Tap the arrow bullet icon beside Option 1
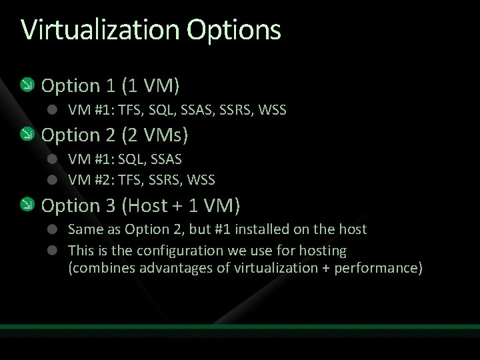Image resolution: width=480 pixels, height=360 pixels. click(27, 85)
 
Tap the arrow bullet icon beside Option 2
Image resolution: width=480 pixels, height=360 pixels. click(27, 135)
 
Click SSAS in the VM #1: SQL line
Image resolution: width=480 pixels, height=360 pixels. click(167, 160)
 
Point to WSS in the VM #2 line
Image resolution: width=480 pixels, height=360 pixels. click(202, 179)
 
